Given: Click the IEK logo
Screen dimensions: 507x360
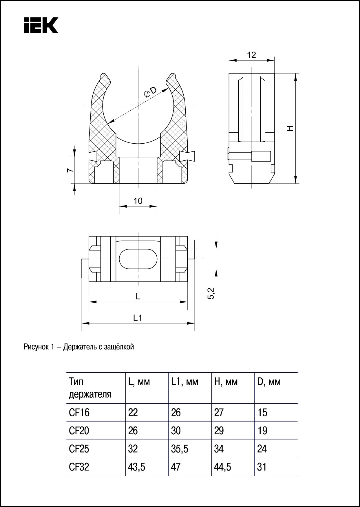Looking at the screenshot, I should coord(41,25).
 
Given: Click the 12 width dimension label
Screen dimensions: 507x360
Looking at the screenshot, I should coord(251,55).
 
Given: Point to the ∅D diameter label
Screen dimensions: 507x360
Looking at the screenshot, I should coord(150,92).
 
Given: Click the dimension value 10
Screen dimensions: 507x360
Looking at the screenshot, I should coord(138,201).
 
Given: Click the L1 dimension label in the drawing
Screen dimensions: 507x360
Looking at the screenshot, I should coord(138,318).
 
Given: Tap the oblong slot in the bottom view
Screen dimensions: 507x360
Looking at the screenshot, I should coord(138,259).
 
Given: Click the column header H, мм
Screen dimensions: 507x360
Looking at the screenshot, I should coord(226,382).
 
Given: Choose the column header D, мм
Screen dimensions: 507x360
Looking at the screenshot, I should coord(269,382).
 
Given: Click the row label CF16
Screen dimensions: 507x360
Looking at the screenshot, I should coord(79,413).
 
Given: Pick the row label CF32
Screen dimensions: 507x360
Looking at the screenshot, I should coord(79,467).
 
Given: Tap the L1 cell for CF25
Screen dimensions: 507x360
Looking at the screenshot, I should coord(180,449).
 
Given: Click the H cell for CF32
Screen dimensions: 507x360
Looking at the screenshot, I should coord(222,467).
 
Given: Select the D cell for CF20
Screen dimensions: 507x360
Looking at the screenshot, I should coord(262,431).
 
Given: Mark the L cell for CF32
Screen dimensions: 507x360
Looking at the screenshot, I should coord(136,467).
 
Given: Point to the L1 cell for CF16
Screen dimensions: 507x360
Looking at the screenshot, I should coord(176,413).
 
